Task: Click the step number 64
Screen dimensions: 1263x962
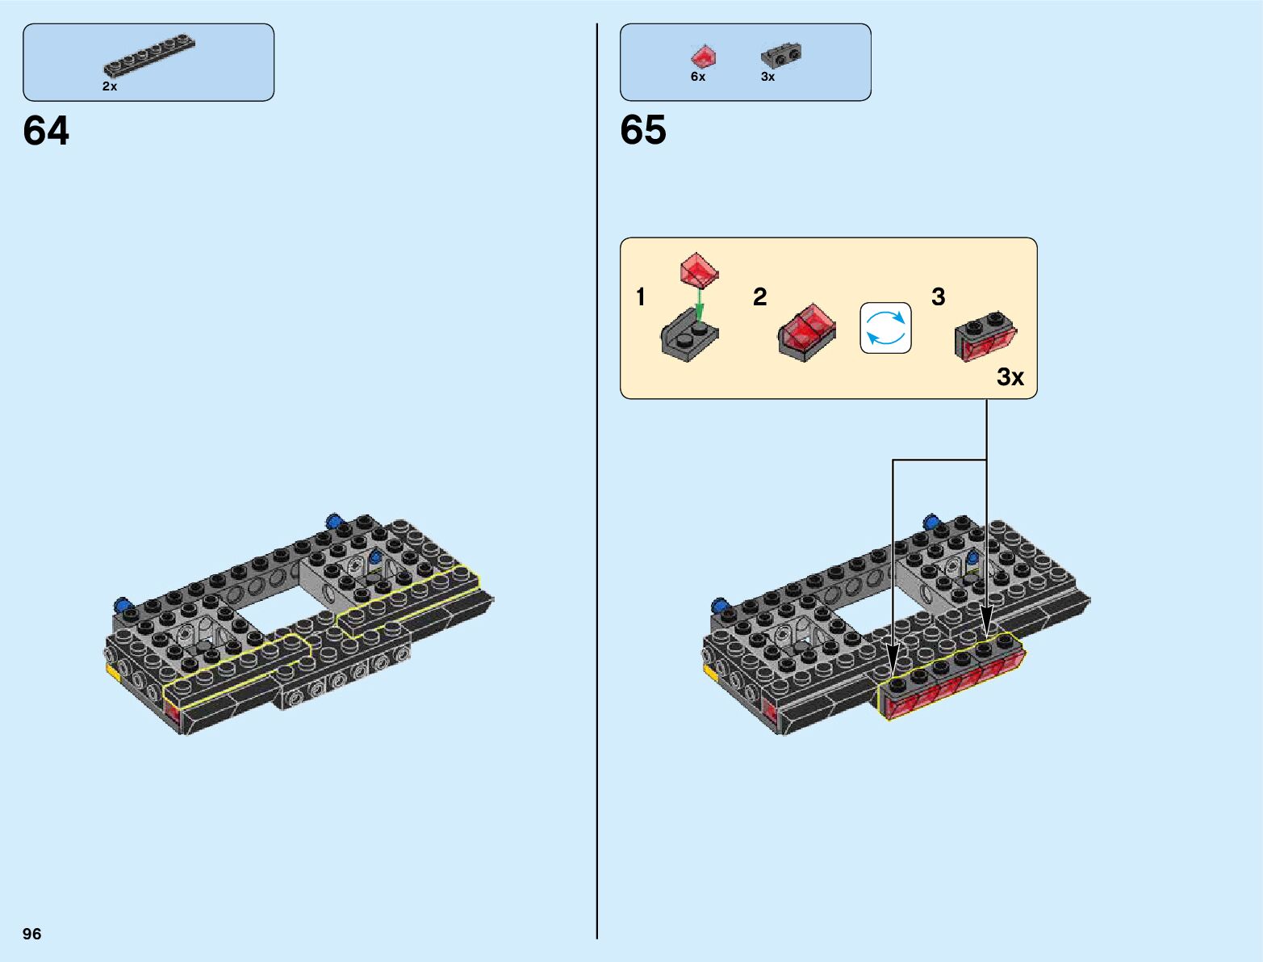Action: (x=46, y=131)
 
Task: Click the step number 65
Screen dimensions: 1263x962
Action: (x=643, y=130)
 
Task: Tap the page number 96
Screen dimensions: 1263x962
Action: (x=32, y=934)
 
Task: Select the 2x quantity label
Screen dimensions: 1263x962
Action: (x=110, y=86)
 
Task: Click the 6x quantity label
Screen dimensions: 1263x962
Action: (x=698, y=77)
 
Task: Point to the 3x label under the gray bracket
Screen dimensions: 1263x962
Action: (x=767, y=77)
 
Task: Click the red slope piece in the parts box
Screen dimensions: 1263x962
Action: (x=704, y=56)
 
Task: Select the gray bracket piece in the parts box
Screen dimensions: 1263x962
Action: (x=780, y=55)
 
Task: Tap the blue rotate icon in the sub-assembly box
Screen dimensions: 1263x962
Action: (x=885, y=328)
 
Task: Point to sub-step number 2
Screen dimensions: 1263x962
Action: (x=759, y=297)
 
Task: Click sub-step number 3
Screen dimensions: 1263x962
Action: (x=938, y=297)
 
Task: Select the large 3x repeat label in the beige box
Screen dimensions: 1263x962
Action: (x=1010, y=377)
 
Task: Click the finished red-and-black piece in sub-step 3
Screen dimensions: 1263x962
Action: (x=985, y=336)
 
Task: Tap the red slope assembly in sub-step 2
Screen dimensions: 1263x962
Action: (x=806, y=331)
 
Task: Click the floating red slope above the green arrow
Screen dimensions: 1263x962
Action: (x=699, y=270)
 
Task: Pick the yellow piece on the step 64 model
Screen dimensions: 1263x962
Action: (x=113, y=670)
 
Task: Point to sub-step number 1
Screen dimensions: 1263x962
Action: (x=641, y=297)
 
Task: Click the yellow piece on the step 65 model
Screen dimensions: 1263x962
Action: (x=710, y=670)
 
